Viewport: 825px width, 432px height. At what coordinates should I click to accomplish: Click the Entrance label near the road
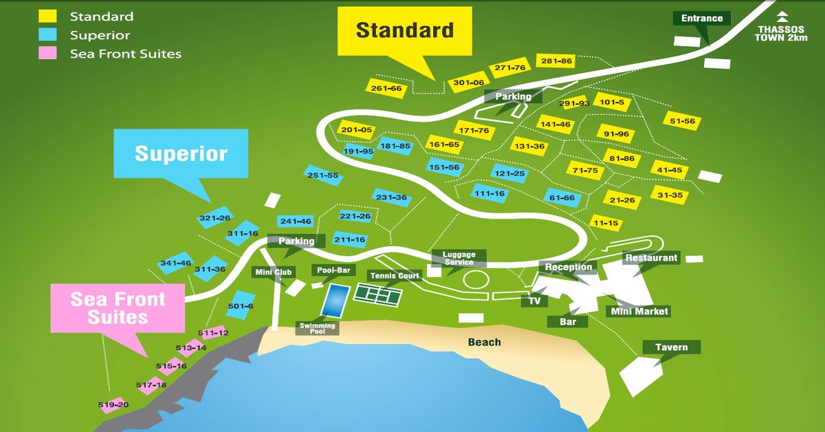click(701, 19)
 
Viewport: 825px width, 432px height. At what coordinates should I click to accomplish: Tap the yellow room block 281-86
click(556, 61)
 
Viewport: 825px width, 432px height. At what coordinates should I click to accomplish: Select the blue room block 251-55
click(323, 175)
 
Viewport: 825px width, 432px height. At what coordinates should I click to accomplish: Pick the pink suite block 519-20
click(113, 405)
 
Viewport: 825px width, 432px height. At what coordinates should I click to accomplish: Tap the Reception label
click(568, 267)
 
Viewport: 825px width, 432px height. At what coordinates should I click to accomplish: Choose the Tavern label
click(671, 347)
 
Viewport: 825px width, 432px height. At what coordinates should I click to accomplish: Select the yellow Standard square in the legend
click(47, 17)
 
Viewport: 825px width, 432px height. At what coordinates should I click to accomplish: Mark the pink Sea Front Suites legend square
click(47, 53)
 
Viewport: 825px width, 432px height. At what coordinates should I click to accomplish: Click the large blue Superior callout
click(181, 153)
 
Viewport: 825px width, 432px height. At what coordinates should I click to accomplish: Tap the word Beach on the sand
click(485, 342)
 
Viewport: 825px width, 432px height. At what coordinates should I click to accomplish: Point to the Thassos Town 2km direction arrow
click(782, 18)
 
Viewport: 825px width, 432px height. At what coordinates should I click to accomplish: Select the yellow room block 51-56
click(682, 121)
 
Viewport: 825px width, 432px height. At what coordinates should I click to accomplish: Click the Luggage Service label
click(459, 258)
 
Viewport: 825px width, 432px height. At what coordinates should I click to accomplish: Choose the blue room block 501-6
click(241, 306)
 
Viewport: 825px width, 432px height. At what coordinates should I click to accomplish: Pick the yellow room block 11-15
click(606, 223)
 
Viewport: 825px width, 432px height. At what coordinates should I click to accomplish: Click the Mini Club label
click(274, 272)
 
